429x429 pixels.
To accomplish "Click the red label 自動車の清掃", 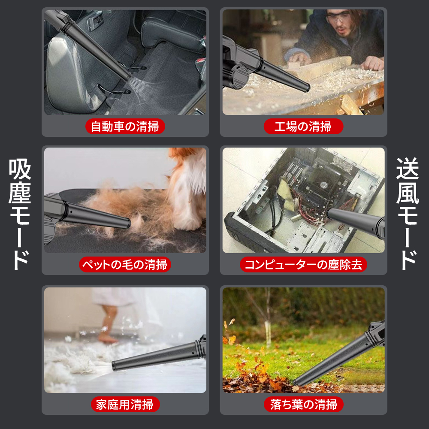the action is (x=125, y=127).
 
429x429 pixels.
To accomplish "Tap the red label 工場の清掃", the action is (x=303, y=127).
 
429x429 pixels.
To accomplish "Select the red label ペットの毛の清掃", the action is (x=125, y=265).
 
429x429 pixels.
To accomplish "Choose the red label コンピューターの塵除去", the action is (x=303, y=265).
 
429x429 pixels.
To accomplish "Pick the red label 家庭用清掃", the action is (x=125, y=405).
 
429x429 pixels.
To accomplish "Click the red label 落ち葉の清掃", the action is (x=303, y=405).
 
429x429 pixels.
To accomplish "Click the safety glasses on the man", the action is (x=337, y=16).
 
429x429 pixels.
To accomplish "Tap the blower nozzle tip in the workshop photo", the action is (x=307, y=88).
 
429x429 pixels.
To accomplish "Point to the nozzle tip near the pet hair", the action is (x=128, y=223).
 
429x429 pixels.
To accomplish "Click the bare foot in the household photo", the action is (x=108, y=339).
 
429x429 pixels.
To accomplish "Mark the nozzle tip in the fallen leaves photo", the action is (x=297, y=383).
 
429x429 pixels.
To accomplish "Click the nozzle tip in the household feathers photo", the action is (x=114, y=366).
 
